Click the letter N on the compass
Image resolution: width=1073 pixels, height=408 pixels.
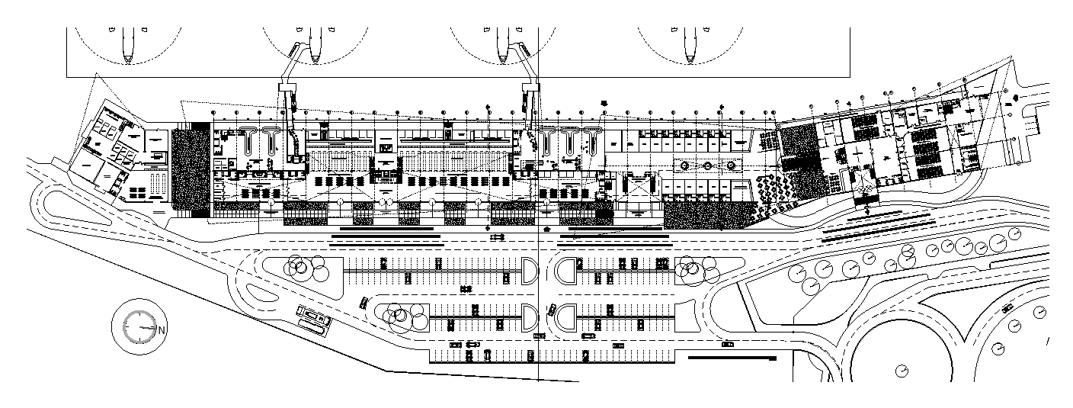[162, 329]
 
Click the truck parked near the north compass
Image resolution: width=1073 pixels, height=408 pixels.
[312, 314]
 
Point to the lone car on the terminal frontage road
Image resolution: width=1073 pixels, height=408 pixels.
[497, 236]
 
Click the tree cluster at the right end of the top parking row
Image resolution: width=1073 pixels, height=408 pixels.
[697, 268]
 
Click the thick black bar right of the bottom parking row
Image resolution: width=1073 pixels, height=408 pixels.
[732, 356]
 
